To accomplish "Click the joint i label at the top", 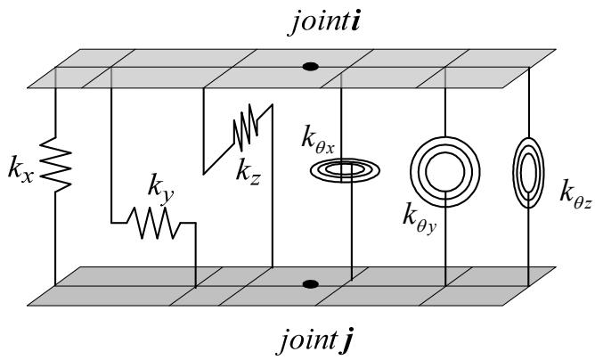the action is [326, 23].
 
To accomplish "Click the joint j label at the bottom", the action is [315, 340].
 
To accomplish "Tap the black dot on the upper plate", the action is [310, 67].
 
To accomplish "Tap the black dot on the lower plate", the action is [310, 284].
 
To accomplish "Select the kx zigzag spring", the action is [55, 165].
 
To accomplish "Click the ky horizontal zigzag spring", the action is [153, 223].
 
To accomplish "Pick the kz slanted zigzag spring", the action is [246, 129].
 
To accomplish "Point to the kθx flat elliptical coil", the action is [345, 170].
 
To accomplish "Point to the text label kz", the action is [249, 172].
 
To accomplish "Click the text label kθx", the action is [318, 140].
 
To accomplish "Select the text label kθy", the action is [420, 218].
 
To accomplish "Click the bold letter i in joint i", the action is [355, 22].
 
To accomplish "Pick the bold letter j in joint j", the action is [347, 341].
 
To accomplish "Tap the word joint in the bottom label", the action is [308, 341].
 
